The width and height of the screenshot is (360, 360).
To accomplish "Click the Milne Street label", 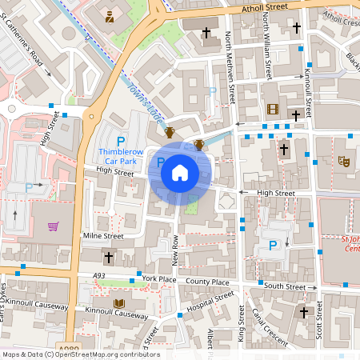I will click(103, 236).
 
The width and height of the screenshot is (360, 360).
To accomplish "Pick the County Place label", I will click(207, 282).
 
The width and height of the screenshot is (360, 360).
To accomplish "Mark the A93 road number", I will click(98, 276).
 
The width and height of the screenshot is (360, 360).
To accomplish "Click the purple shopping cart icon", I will click(54, 226).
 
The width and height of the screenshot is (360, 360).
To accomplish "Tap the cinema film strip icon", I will click(273, 109).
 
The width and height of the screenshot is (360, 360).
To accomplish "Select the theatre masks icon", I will click(345, 161).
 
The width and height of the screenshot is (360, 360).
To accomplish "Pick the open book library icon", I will click(119, 303).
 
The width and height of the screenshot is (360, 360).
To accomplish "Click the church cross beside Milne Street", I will click(109, 258).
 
